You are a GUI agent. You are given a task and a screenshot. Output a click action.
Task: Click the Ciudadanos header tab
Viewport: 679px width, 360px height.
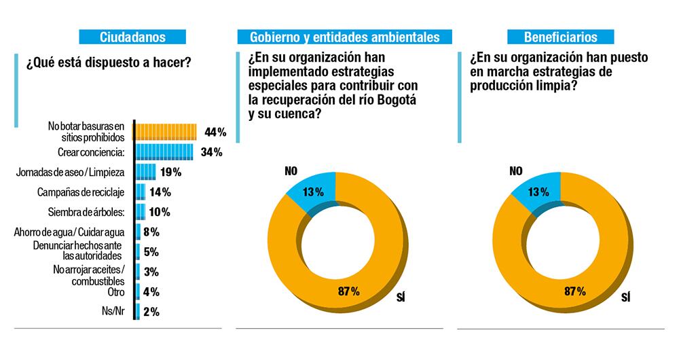pyautogui.click(x=132, y=37)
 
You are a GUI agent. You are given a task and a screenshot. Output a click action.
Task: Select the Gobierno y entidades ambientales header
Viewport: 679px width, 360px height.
pyautogui.click(x=344, y=37)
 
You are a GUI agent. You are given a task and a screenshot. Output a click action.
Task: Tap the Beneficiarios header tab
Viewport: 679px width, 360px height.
pyautogui.click(x=561, y=37)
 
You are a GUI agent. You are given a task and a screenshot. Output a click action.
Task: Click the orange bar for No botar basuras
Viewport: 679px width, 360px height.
pyautogui.click(x=166, y=131)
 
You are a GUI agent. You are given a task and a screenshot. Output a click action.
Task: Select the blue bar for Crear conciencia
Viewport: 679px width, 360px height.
pyautogui.click(x=164, y=151)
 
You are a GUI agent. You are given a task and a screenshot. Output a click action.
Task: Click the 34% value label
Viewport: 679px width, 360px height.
pyautogui.click(x=211, y=151)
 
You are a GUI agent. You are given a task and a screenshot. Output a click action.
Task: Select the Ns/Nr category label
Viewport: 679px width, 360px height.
pyautogui.click(x=112, y=312)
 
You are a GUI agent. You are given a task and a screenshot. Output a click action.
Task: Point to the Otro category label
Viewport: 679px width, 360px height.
pyautogui.click(x=115, y=292)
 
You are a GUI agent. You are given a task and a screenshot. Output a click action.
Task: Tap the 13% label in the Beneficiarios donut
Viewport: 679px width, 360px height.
pyautogui.click(x=538, y=192)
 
